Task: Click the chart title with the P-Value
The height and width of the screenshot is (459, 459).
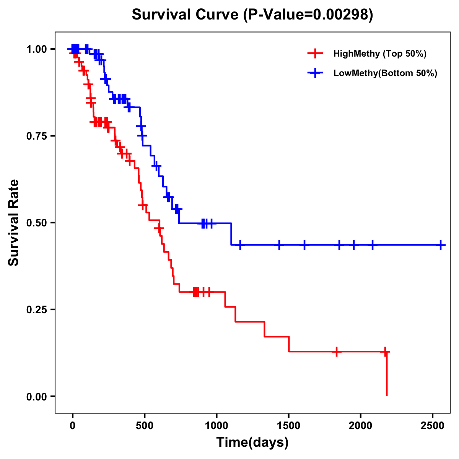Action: point(252,15)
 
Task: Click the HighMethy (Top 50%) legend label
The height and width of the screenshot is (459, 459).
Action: point(379,54)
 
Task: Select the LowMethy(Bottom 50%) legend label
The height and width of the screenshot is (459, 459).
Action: point(385,73)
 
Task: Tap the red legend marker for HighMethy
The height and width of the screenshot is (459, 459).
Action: point(315,54)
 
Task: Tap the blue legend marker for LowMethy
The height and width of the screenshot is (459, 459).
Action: point(315,73)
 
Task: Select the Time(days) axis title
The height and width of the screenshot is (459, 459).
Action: point(252,443)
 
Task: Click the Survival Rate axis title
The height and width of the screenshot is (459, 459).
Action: point(14,223)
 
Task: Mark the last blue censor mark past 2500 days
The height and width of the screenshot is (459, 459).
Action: point(441,245)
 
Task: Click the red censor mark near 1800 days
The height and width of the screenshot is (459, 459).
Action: point(336,352)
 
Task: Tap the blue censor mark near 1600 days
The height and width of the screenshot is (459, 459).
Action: point(304,245)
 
